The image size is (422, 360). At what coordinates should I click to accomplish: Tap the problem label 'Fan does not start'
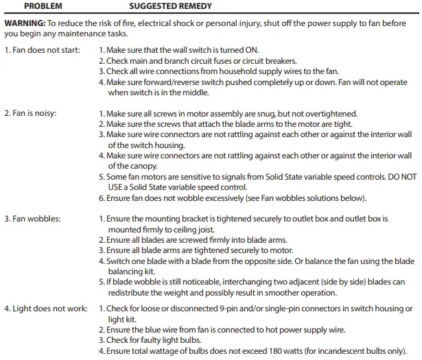[x=42, y=51]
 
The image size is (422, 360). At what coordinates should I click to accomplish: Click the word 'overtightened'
[x=332, y=113]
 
